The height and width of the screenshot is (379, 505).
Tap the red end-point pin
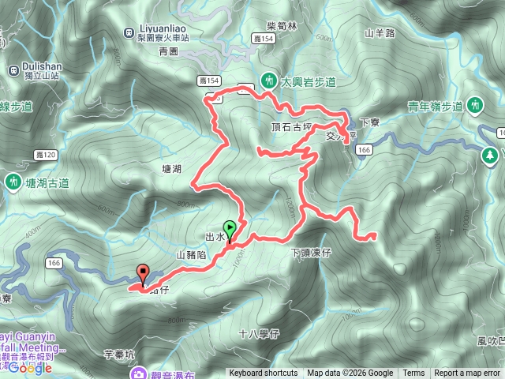[x=143, y=273]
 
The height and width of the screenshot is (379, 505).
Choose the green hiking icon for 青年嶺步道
[x=475, y=103]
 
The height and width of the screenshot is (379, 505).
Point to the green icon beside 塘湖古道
[x=13, y=182]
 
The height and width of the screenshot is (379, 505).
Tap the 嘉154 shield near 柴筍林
[x=263, y=38]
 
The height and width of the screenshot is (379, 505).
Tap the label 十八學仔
[x=259, y=334]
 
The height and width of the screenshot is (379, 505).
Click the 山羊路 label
[x=379, y=33]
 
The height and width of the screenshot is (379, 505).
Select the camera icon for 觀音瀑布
[x=139, y=373]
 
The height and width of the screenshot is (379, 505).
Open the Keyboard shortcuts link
[x=264, y=373]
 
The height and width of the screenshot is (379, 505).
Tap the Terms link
[x=413, y=373]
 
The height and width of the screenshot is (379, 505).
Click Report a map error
[x=467, y=373]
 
